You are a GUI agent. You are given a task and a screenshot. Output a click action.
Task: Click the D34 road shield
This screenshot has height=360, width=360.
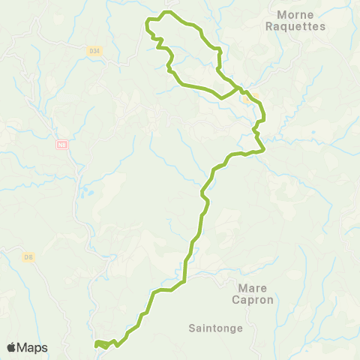click(94, 50)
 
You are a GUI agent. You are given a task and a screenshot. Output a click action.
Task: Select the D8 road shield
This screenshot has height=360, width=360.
click(29, 258)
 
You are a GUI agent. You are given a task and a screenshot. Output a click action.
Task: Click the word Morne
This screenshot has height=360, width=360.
click(295, 14)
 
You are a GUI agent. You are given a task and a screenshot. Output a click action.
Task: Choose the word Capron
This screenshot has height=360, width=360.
click(255, 299)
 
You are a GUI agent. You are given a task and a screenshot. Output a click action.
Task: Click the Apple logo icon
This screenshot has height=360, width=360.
click(12, 347)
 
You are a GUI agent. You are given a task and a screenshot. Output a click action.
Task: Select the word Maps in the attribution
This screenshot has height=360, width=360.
click(33, 347)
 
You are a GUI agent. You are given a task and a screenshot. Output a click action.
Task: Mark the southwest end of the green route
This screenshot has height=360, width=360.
click(96, 344)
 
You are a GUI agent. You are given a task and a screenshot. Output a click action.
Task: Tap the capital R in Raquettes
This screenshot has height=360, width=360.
click(270, 25)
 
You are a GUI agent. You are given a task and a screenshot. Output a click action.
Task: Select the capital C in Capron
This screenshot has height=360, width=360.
click(239, 299)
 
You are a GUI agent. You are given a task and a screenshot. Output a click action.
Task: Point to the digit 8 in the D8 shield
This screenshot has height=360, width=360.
click(31, 258)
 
